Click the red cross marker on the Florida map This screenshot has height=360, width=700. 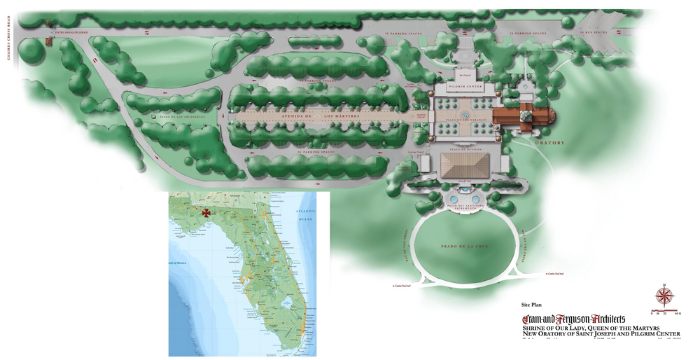(x=206, y=213)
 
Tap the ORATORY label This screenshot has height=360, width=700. (x=549, y=143)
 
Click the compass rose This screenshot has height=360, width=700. (x=663, y=296)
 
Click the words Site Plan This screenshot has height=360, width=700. (x=531, y=305)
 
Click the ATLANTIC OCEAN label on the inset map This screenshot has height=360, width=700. (x=306, y=215)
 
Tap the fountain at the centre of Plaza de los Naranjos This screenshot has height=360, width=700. (x=465, y=114)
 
